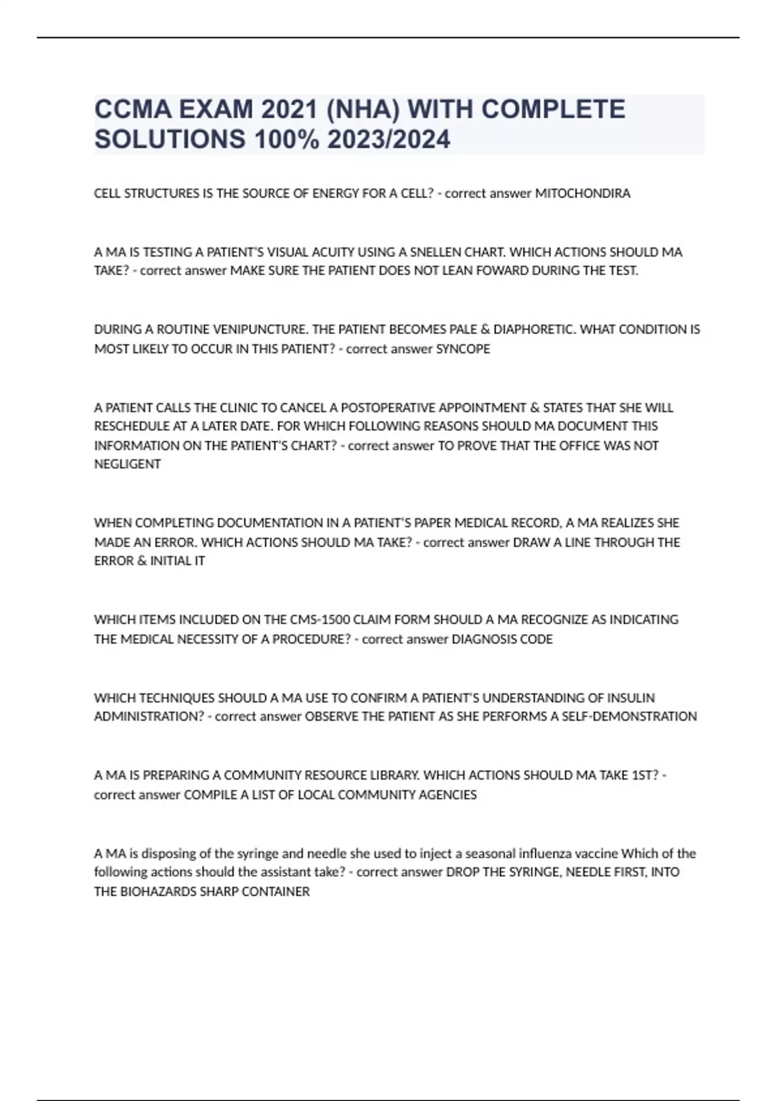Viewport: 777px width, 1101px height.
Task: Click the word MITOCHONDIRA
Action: (582, 194)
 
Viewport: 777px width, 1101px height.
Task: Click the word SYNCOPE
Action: (463, 349)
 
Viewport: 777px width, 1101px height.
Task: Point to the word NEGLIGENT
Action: (128, 464)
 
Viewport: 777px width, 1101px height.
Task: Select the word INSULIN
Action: (630, 698)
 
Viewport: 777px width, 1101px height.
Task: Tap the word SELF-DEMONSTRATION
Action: (622, 716)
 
